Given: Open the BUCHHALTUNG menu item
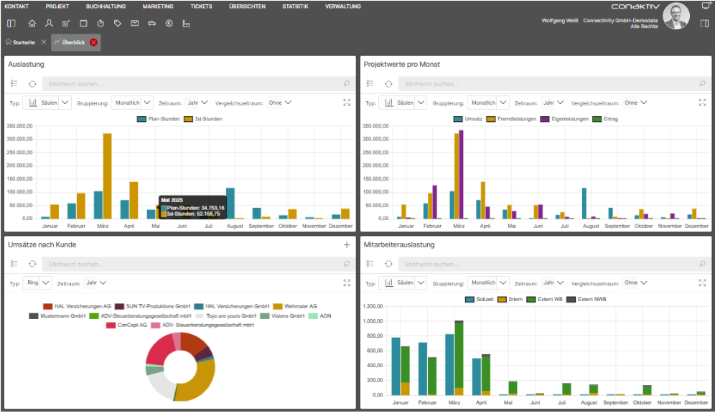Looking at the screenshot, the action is pos(106,6).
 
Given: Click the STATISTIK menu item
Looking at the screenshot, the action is pos(295,6).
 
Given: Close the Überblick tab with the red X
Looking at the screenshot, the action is pos(93,42).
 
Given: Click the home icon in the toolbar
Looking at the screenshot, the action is pos(32,23).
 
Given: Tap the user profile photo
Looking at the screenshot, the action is pos(676,16).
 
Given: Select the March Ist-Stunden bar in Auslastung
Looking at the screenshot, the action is pos(107,176).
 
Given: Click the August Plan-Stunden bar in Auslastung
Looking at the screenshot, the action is pos(230,203).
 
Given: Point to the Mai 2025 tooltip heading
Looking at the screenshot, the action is pos(172,200).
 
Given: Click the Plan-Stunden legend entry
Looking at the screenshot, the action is pos(158,119).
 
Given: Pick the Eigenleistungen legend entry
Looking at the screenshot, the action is pos(564,119).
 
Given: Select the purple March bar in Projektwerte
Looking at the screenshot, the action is pos(461,174).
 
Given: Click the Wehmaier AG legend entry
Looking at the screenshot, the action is pos(295,306).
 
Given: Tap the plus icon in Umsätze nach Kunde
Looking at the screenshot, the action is pos(347,245).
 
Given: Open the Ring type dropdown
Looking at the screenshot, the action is pos(38,283).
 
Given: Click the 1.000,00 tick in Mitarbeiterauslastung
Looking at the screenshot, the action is pos(373,321).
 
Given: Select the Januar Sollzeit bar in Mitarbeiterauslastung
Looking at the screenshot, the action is pos(396,366).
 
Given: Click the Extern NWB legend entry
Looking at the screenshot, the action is pos(587,299).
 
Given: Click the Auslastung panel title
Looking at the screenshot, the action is pos(26,65).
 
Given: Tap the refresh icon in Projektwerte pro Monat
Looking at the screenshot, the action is pos(388,84).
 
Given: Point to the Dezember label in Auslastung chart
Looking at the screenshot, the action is pos(340,226).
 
